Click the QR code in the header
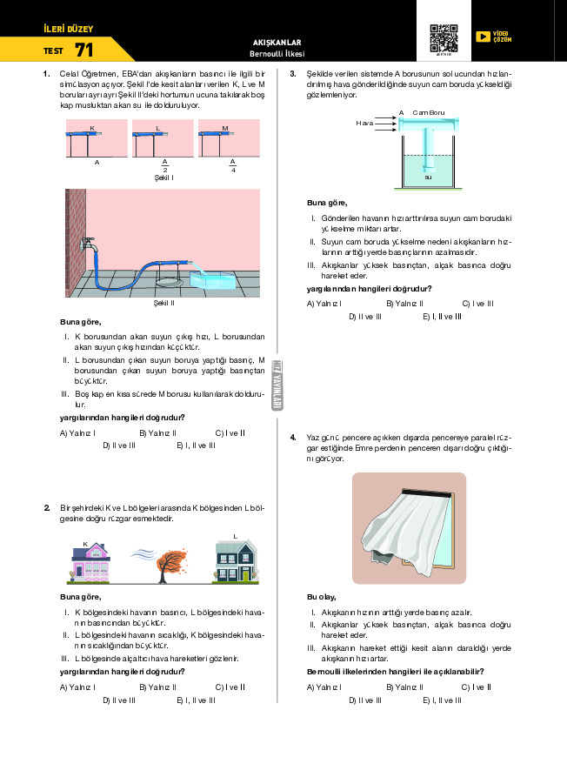[x=444, y=38]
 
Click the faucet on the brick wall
[x=88, y=247]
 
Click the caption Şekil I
[x=163, y=178]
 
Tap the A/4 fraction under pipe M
[x=233, y=164]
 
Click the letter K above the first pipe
[x=91, y=128]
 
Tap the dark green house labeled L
[x=236, y=560]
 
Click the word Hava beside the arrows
[x=364, y=124]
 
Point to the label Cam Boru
[x=429, y=112]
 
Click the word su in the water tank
[x=428, y=177]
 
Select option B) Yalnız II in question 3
[x=404, y=303]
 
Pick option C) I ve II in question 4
[x=477, y=687]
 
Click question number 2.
[x=46, y=507]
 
